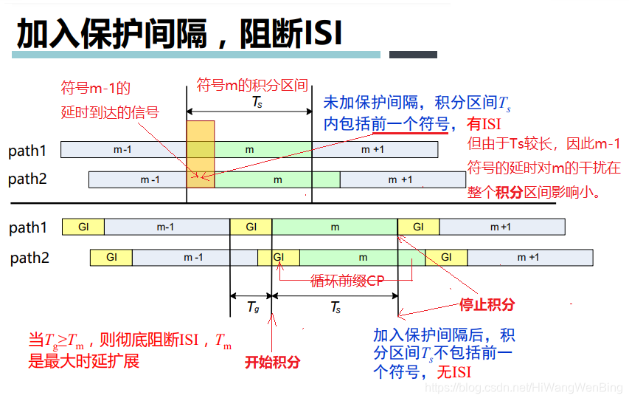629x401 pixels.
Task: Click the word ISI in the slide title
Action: [x=322, y=33]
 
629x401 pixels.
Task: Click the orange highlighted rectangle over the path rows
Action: [x=201, y=154]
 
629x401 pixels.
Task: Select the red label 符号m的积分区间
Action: [x=251, y=85]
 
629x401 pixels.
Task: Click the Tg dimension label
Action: [x=251, y=308]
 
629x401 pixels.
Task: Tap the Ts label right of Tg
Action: [x=335, y=308]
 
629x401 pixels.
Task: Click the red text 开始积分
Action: [x=273, y=363]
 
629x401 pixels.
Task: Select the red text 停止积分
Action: [x=487, y=305]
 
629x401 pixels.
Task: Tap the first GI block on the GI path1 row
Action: [x=83, y=227]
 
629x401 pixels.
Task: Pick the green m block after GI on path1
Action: [x=335, y=227]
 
